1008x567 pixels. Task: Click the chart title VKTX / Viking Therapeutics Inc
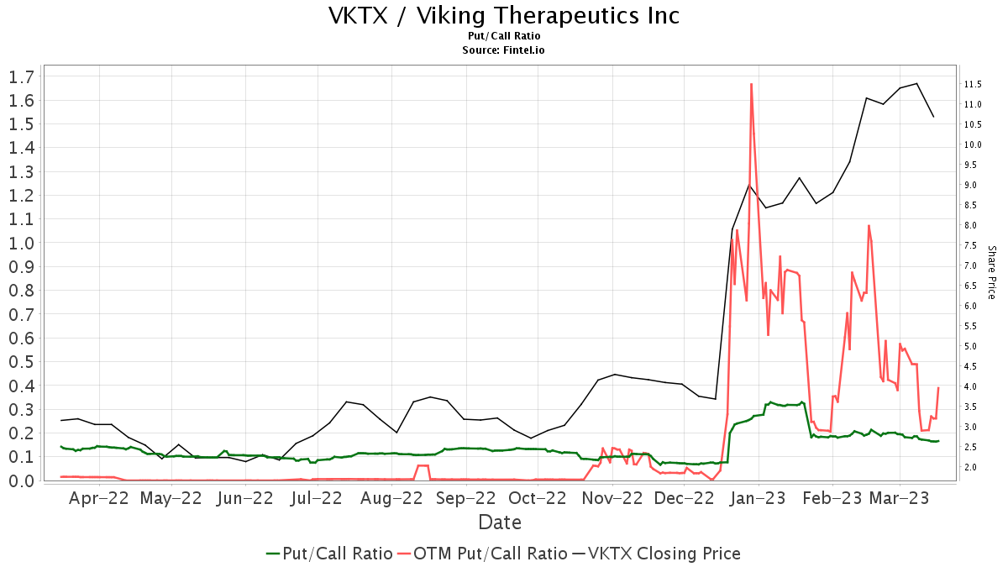pyautogui.click(x=504, y=16)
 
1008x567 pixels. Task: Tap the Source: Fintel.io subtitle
pyautogui.click(x=504, y=50)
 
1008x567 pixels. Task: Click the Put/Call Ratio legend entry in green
pyautogui.click(x=329, y=554)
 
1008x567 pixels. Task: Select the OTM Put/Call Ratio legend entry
pyautogui.click(x=482, y=554)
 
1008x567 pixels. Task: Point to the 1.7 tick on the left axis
pyautogui.click(x=20, y=77)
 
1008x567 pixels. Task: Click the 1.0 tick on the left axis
pyautogui.click(x=20, y=244)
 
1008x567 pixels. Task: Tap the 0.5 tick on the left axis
pyautogui.click(x=20, y=362)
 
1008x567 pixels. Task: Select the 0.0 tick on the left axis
pyautogui.click(x=20, y=480)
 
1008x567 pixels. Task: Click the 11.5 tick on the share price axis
pyautogui.click(x=974, y=84)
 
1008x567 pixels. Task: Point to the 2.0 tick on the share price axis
pyautogui.click(x=972, y=467)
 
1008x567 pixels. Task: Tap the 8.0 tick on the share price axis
pyautogui.click(x=972, y=225)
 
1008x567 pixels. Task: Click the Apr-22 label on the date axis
pyautogui.click(x=98, y=498)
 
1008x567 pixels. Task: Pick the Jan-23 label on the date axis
pyautogui.click(x=759, y=498)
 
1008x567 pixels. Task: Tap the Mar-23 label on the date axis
pyautogui.click(x=900, y=498)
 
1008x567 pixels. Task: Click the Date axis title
pyautogui.click(x=500, y=522)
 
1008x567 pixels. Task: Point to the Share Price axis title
pyautogui.click(x=991, y=272)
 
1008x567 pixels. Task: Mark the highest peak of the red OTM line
pyautogui.click(x=750, y=84)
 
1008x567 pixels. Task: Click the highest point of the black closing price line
pyautogui.click(x=916, y=83)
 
